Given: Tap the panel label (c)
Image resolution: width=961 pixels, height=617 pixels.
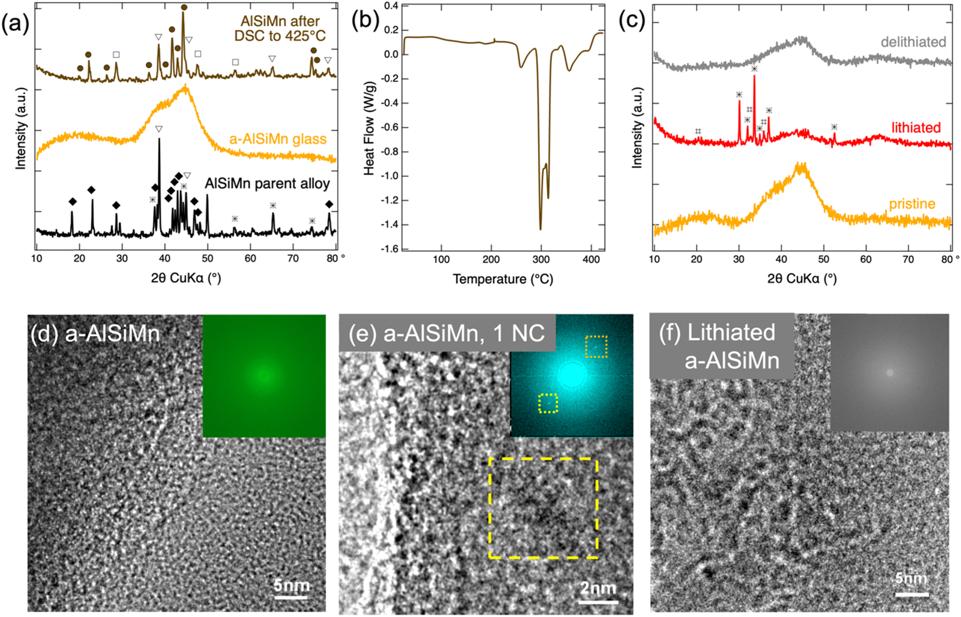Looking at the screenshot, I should click(631, 21).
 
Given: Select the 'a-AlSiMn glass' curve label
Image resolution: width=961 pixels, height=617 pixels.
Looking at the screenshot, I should click(278, 139).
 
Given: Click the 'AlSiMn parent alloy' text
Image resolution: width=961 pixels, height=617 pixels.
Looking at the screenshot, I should click(267, 184).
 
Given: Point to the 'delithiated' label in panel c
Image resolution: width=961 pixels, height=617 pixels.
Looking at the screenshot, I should click(913, 42).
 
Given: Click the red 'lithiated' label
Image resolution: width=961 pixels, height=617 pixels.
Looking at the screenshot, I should click(916, 127).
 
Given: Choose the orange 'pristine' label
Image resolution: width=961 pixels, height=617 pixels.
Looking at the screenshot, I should click(912, 204).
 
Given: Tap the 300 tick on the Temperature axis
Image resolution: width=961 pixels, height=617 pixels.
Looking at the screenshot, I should click(541, 260).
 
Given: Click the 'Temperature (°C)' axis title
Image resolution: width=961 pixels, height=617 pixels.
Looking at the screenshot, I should click(503, 279).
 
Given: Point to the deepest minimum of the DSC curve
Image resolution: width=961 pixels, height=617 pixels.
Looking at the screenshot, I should click(540, 229).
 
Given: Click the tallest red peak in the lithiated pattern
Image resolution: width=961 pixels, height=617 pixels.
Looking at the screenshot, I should click(754, 77).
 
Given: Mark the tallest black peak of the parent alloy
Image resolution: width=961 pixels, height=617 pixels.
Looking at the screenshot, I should click(159, 139).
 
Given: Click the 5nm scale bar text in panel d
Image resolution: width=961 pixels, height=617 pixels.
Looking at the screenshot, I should click(291, 585).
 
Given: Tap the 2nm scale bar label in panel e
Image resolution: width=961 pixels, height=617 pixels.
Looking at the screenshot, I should click(598, 588).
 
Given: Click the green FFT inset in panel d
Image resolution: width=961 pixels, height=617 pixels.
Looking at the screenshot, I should click(264, 376).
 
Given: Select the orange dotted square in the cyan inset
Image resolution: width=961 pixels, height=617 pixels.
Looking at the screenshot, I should click(596, 347).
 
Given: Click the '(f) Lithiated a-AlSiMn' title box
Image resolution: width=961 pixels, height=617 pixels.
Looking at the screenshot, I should click(721, 346).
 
